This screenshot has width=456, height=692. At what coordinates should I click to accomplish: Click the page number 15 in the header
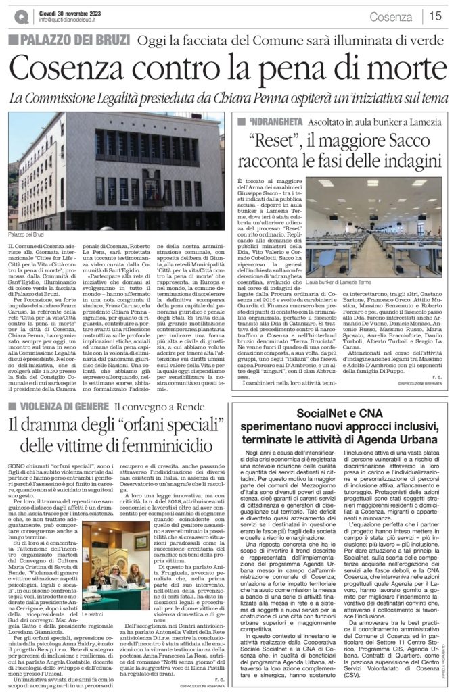[437, 16]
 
